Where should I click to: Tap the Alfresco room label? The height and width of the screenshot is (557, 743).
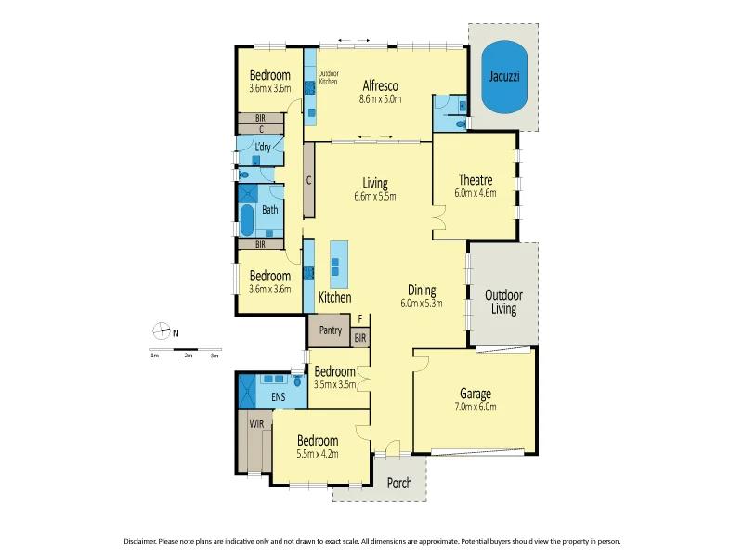[x=381, y=84]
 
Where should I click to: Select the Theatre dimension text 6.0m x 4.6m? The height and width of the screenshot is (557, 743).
[x=475, y=194]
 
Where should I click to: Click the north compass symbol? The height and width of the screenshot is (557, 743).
[x=162, y=330]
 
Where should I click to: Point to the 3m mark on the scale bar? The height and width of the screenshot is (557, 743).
[x=215, y=356]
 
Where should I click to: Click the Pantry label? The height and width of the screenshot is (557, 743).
[x=330, y=330]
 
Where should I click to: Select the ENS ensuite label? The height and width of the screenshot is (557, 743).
[x=279, y=397]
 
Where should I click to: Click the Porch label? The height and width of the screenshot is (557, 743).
[x=399, y=483]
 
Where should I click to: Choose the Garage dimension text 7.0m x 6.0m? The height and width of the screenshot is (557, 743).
[x=475, y=407]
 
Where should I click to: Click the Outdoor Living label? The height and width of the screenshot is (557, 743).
[x=503, y=302]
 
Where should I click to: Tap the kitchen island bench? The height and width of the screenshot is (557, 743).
[x=338, y=264]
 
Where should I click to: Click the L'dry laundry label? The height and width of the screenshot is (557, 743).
[x=263, y=147]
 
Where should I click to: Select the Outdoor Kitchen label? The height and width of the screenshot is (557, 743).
[x=329, y=78]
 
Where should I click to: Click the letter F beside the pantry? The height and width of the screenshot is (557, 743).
[x=360, y=318]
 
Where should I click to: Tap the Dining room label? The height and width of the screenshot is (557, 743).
[x=421, y=290]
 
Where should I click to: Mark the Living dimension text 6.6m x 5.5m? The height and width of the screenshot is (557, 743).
[x=375, y=197]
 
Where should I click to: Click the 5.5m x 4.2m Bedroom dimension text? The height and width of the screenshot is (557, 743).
[x=318, y=454]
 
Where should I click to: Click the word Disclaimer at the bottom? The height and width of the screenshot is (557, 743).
[x=144, y=541]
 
